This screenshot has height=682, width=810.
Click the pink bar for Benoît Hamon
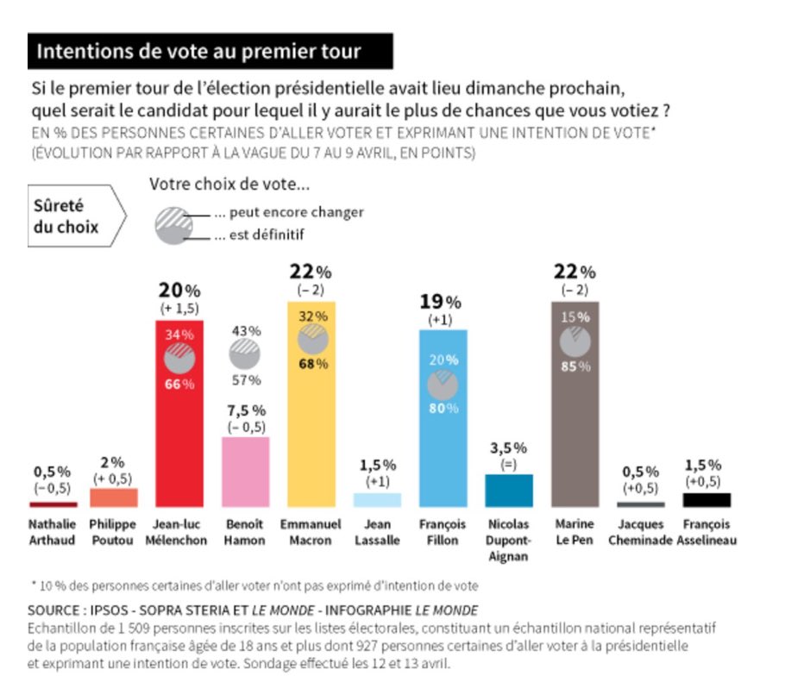point(245,471)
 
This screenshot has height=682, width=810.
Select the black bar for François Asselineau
point(706,500)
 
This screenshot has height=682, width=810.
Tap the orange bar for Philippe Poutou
point(113,497)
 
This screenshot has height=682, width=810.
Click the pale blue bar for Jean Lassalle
point(377,500)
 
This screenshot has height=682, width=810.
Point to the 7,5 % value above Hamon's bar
point(246,410)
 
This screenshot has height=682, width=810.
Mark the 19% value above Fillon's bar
point(441,302)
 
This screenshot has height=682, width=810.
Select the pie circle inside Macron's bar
point(312,340)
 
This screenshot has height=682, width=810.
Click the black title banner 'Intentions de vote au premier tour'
point(210,52)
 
